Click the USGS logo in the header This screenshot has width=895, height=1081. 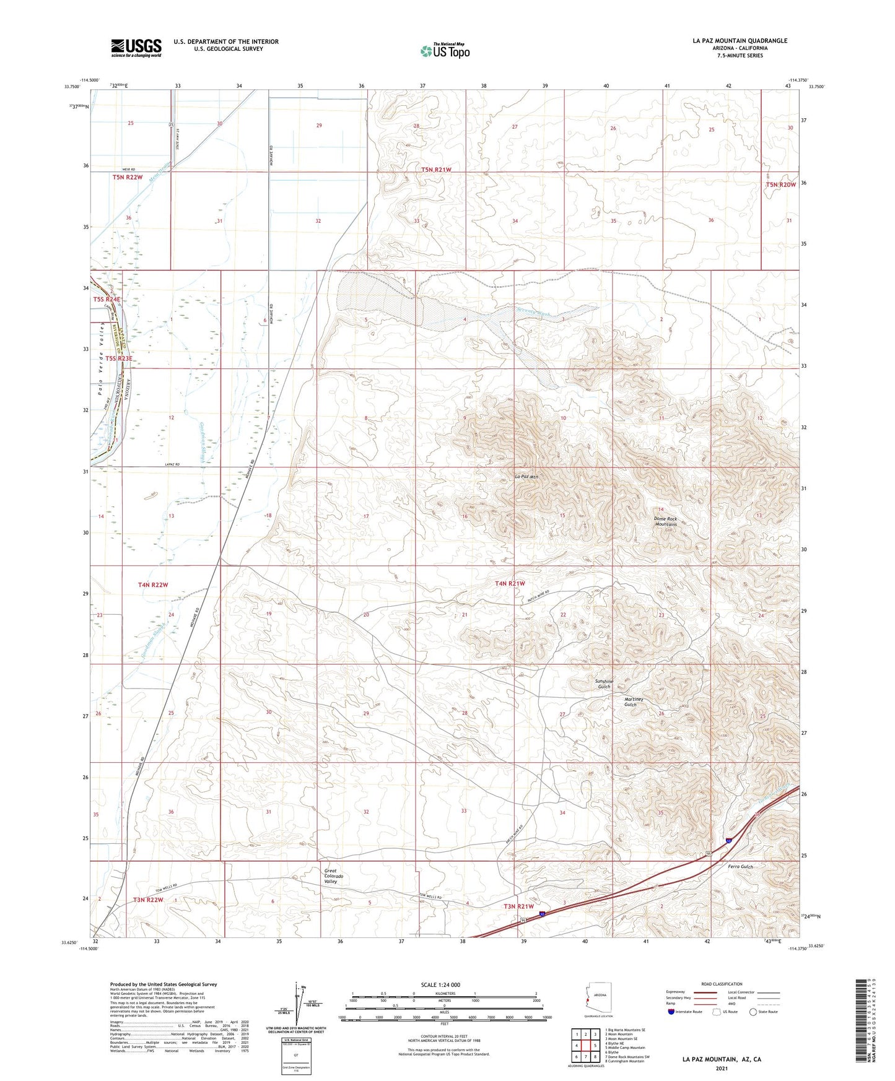click(136, 47)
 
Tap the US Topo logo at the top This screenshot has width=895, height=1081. click(445, 51)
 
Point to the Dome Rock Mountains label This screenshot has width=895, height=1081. click(666, 521)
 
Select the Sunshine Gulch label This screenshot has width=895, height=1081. click(604, 684)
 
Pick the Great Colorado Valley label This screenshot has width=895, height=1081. click(334, 877)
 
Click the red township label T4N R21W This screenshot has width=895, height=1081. click(510, 583)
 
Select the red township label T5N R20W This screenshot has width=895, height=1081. click(780, 185)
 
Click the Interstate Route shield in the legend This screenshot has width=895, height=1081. click(672, 1012)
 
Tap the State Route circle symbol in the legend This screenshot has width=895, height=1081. click(753, 1012)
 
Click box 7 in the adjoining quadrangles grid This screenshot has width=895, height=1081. click(585, 1057)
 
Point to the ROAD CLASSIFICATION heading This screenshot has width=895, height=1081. click(722, 984)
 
